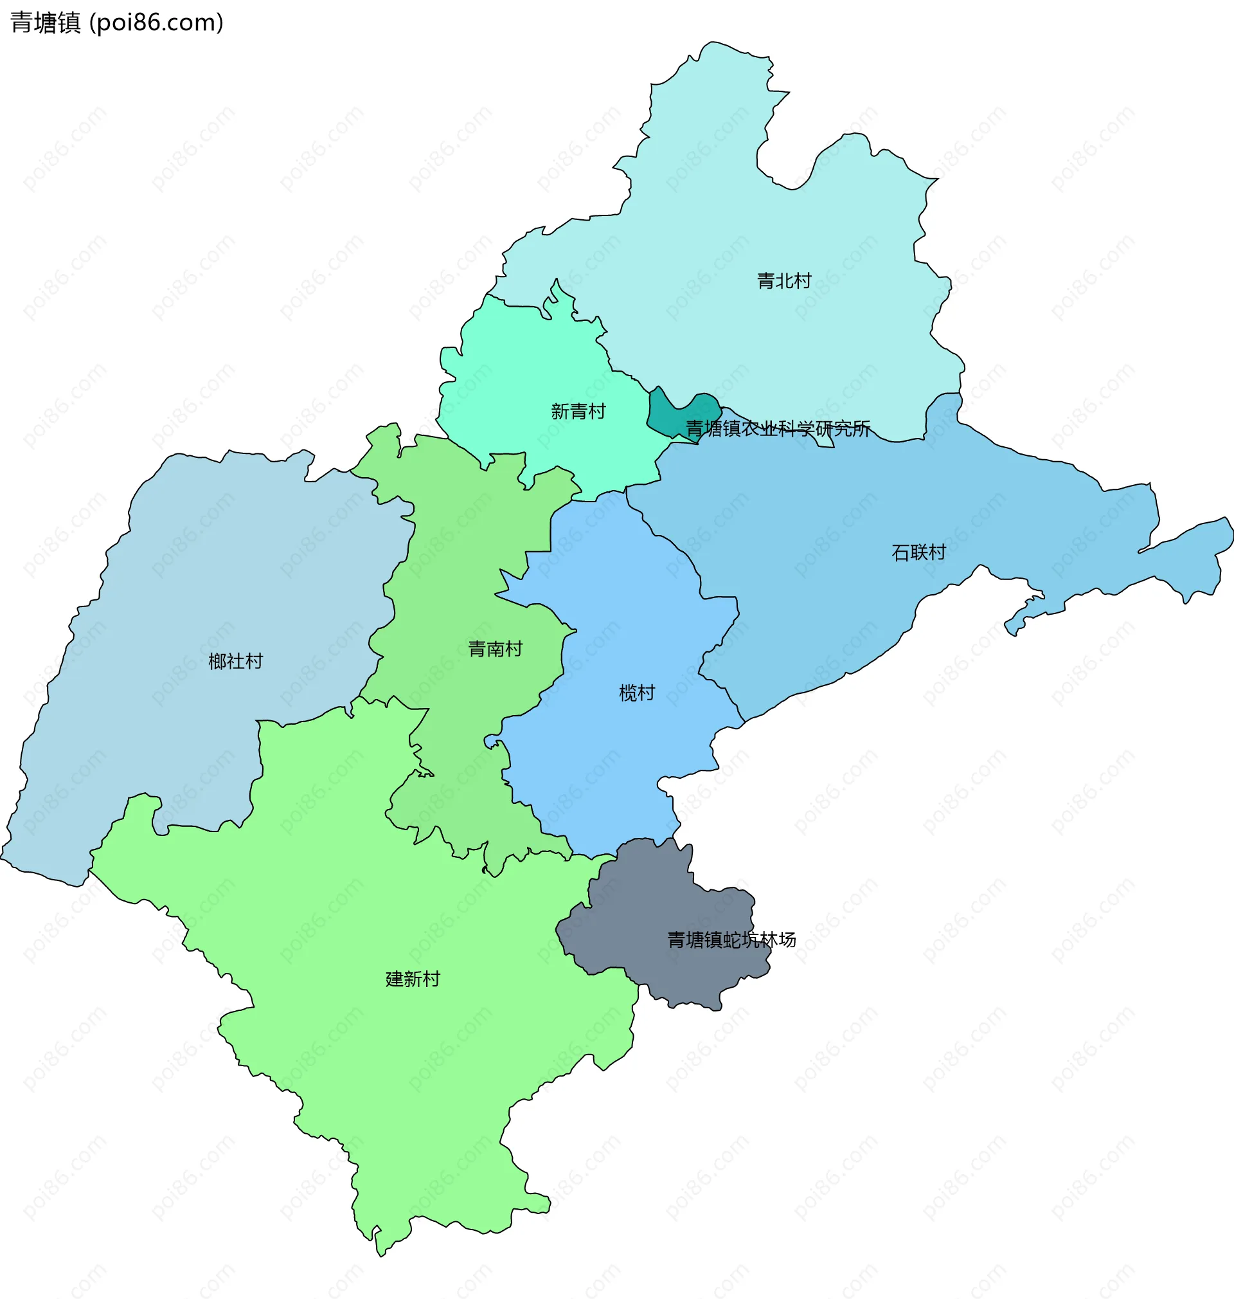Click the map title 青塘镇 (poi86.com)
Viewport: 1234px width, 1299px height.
click(x=117, y=23)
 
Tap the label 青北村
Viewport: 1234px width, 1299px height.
click(x=784, y=281)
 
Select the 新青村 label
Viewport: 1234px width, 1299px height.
click(x=578, y=412)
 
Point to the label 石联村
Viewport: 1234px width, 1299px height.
click(x=918, y=552)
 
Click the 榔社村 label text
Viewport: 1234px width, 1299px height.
click(x=235, y=660)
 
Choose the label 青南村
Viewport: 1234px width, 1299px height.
click(x=496, y=649)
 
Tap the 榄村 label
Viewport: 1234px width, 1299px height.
click(x=637, y=693)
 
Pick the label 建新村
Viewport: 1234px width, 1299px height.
click(x=413, y=979)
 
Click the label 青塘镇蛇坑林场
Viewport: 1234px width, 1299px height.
click(x=731, y=940)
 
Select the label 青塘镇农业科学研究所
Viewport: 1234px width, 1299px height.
click(x=778, y=429)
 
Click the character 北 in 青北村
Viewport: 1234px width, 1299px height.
click(x=784, y=281)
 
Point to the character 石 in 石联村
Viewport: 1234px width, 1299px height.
click(x=900, y=552)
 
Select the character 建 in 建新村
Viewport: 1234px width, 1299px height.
click(x=395, y=979)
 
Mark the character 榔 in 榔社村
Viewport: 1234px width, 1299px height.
click(x=218, y=660)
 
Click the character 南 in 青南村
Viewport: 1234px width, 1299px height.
click(x=496, y=649)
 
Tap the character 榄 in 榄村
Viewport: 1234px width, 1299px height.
click(x=628, y=693)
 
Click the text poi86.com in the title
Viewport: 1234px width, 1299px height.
click(x=156, y=23)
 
